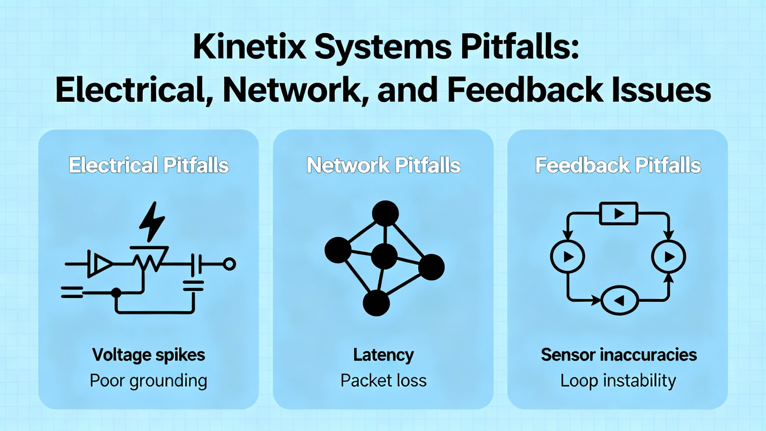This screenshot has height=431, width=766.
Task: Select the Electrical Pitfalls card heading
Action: (149, 165)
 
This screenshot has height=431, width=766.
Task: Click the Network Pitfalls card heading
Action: (384, 165)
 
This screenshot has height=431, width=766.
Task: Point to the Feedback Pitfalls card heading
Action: (618, 165)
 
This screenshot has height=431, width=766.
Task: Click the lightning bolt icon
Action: (152, 221)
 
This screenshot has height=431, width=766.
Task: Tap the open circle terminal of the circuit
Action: (230, 264)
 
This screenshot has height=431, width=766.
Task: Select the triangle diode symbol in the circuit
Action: (102, 264)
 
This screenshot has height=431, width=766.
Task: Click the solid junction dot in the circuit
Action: (116, 292)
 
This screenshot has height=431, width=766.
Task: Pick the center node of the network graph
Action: (384, 256)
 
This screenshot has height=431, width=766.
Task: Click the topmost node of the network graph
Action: (385, 213)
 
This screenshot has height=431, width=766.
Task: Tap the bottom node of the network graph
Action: (376, 303)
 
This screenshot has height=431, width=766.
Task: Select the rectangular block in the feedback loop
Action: (619, 213)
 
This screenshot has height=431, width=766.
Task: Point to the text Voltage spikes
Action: (149, 355)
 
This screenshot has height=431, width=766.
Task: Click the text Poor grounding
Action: (148, 381)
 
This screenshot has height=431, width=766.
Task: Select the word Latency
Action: (384, 355)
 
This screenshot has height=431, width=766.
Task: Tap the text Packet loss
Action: (384, 381)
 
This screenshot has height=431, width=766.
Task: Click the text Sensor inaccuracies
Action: (619, 355)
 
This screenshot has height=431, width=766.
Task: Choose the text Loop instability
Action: (618, 381)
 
